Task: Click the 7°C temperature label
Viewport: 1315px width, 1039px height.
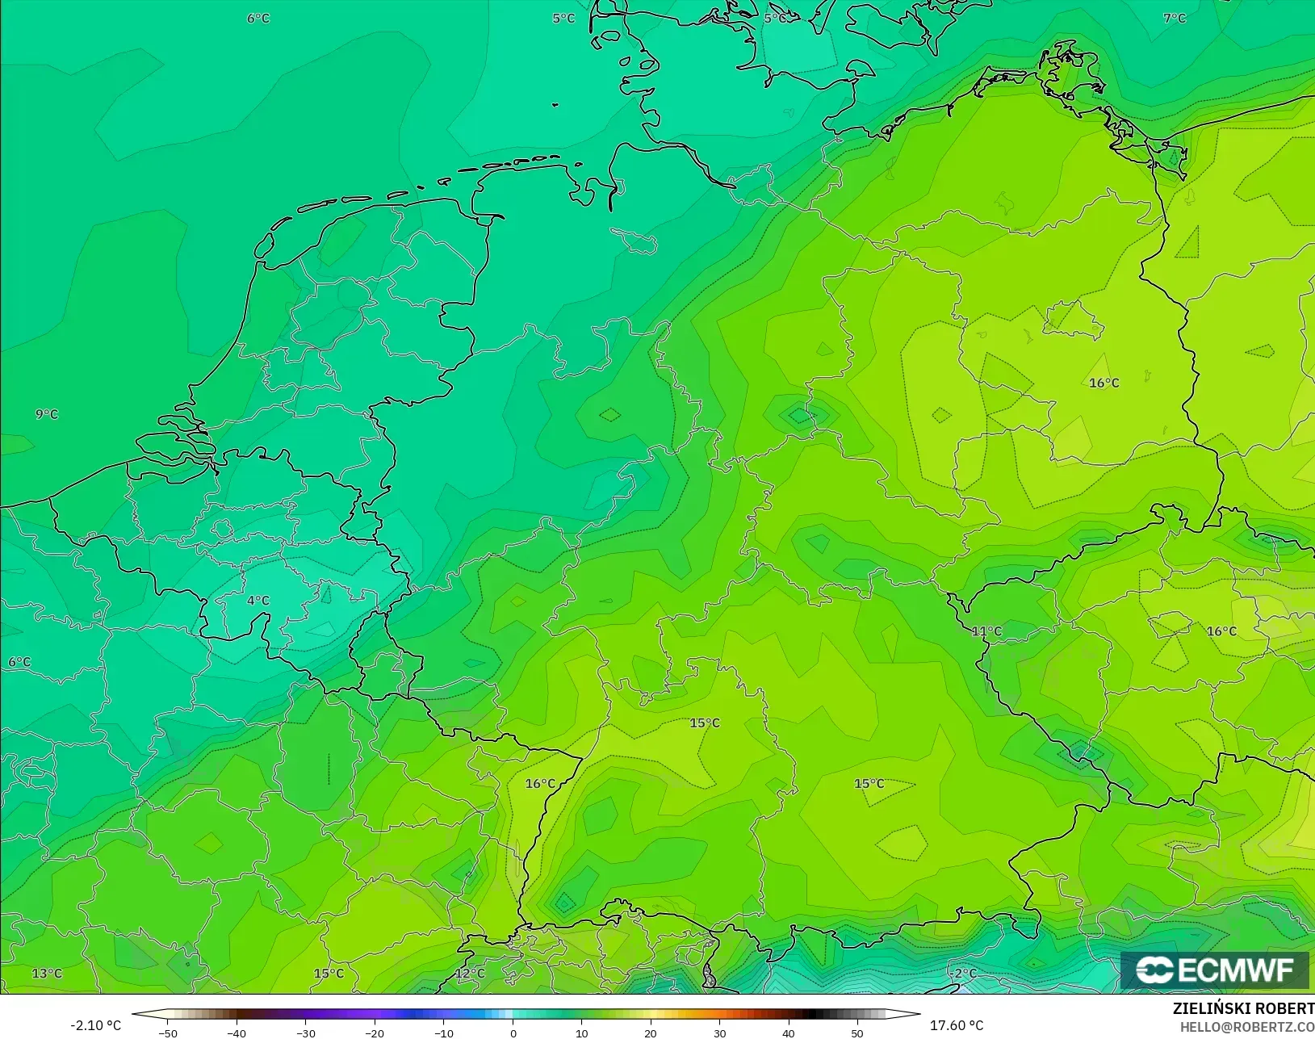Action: (x=1175, y=19)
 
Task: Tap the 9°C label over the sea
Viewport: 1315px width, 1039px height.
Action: (x=47, y=414)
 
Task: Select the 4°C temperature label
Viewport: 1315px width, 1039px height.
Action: (x=258, y=601)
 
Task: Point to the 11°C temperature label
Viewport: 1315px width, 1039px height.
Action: (x=986, y=631)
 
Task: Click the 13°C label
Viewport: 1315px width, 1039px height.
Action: (x=47, y=974)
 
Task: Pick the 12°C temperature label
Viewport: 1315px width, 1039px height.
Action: (x=470, y=974)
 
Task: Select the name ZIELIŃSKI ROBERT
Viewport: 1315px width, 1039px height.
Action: (x=1243, y=1009)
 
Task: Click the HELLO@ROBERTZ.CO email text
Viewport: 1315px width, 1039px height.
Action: (x=1247, y=1027)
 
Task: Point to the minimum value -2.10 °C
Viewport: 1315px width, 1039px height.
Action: (x=95, y=1025)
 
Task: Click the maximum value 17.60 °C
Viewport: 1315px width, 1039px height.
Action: (x=957, y=1025)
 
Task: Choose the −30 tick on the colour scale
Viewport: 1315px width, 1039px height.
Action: (x=305, y=1033)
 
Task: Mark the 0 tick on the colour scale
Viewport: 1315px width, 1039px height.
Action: (x=513, y=1033)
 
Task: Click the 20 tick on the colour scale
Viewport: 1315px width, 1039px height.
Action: (x=651, y=1033)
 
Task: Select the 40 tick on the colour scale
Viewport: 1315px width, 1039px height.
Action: (x=789, y=1033)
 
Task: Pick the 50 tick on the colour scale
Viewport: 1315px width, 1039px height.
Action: (x=857, y=1033)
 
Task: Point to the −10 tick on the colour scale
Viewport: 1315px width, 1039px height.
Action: (x=443, y=1033)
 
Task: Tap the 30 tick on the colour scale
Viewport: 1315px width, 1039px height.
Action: (x=720, y=1033)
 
